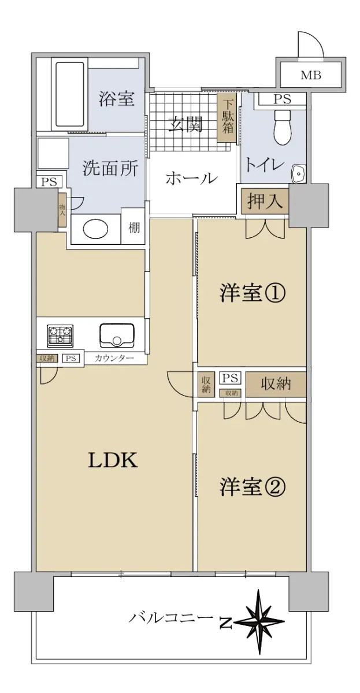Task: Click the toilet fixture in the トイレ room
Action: (283, 127)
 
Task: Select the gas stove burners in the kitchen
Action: (60, 336)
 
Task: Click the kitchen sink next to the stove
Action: (117, 335)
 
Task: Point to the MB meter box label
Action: (311, 75)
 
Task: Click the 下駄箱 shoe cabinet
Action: (228, 118)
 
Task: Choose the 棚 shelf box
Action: (134, 228)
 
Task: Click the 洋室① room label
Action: (253, 293)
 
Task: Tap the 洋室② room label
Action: (253, 487)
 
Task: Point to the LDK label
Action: (113, 460)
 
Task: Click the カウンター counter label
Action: (114, 358)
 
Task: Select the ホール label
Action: (192, 178)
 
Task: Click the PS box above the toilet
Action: (283, 99)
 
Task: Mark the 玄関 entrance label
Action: (185, 124)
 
